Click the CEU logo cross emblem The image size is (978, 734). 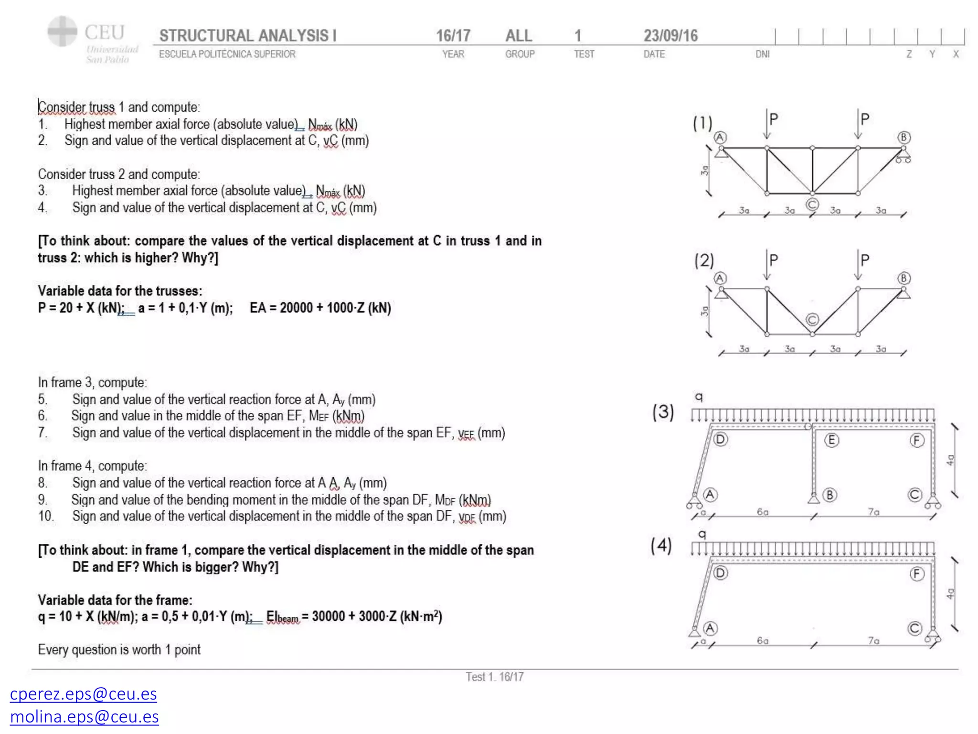tap(62, 32)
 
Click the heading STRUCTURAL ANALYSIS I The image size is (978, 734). tap(247, 35)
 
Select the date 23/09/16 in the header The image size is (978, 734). tap(670, 35)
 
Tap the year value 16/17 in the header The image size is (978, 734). tap(453, 35)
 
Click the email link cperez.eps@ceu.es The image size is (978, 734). tap(83, 693)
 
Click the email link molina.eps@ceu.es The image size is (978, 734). tap(84, 716)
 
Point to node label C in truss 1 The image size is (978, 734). tap(812, 205)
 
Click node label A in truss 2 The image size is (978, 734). tap(720, 278)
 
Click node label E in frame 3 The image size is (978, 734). tap(831, 440)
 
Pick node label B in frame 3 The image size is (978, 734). tap(830, 495)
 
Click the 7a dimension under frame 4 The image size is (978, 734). tap(873, 640)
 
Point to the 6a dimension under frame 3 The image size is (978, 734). tap(763, 512)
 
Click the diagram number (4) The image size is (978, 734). tap(661, 545)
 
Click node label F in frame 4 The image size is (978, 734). tap(916, 573)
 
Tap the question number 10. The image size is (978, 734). tap(46, 516)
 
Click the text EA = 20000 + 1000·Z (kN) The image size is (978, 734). tap(320, 308)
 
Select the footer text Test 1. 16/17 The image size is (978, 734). tap(495, 677)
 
